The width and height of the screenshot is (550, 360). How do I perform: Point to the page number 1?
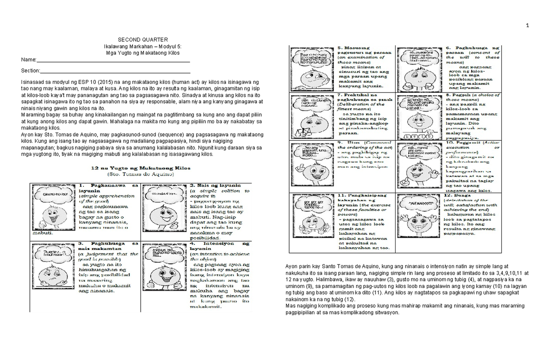pyautogui.click(x=527, y=25)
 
